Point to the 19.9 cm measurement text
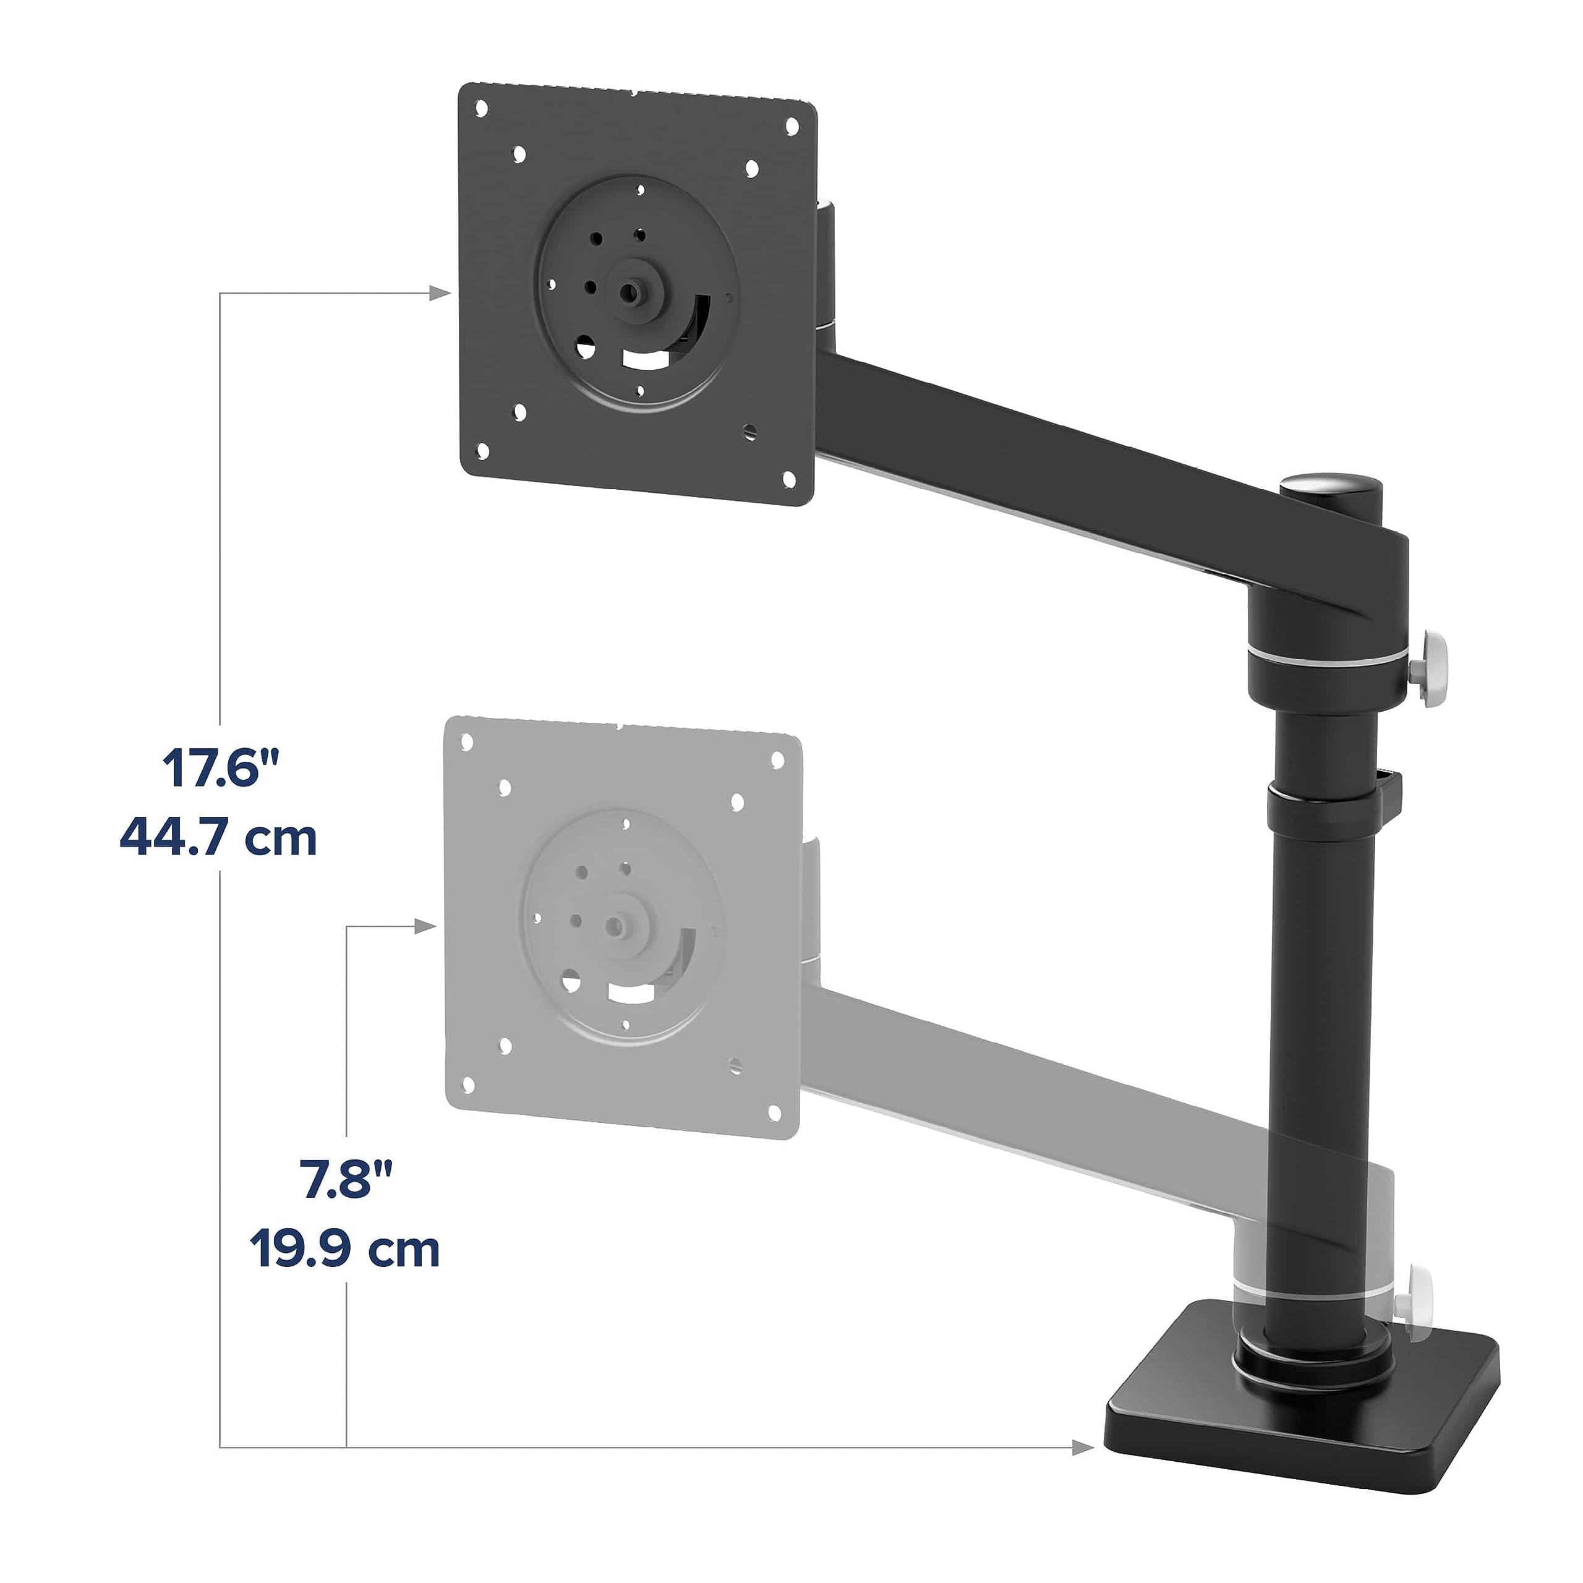point(345,1250)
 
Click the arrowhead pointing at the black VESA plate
point(441,293)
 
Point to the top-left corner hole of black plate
point(482,108)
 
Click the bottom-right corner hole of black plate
point(790,478)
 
